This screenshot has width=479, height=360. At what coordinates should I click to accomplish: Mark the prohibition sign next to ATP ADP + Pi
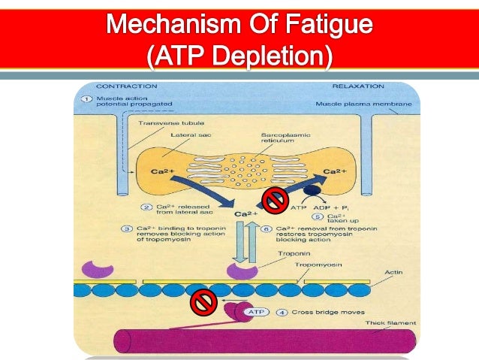274,199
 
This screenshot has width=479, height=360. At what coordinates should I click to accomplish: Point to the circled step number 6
270,228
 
